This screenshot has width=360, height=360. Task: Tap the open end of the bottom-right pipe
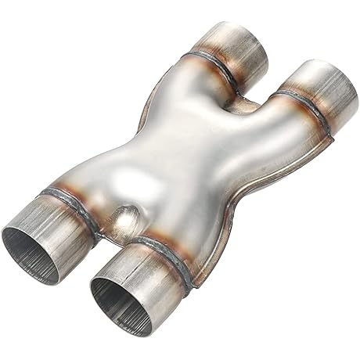coord(117,293)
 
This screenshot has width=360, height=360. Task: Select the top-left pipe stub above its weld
coord(239,43)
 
